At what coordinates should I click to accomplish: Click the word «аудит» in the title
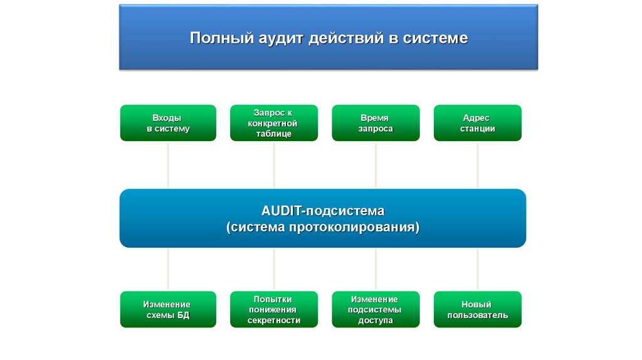click(280, 39)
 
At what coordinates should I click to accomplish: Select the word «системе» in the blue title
click(437, 39)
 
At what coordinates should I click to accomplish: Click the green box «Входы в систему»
click(168, 123)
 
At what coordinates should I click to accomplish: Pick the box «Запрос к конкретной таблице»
click(273, 123)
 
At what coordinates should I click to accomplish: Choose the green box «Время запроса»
click(376, 123)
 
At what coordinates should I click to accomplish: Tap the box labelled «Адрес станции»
click(477, 123)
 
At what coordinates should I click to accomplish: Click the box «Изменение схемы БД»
click(168, 309)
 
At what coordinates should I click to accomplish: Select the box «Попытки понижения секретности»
click(273, 309)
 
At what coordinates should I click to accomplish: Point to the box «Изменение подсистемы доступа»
click(376, 309)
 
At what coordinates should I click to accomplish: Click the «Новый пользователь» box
click(477, 309)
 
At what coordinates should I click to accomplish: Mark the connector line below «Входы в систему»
click(168, 164)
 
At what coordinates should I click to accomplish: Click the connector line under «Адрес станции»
click(477, 164)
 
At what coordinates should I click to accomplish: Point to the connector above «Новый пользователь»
click(477, 269)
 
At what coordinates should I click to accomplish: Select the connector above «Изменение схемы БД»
click(168, 269)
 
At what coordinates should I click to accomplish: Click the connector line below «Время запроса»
click(376, 164)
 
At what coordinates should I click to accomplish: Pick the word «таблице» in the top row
click(273, 134)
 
